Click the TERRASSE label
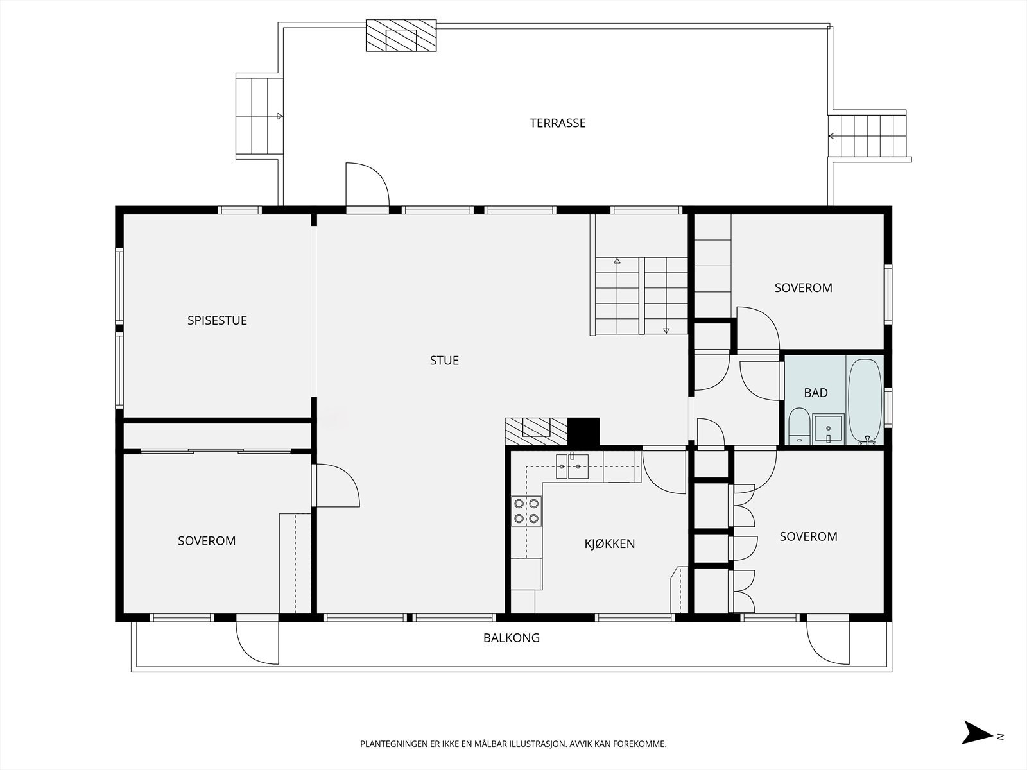(x=557, y=123)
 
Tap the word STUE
(x=444, y=361)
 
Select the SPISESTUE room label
(x=217, y=320)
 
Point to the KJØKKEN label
(x=610, y=543)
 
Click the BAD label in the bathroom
(x=816, y=393)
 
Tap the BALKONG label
(x=512, y=638)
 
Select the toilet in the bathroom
(x=799, y=426)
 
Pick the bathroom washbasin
(x=828, y=429)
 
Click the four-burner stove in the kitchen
(x=526, y=511)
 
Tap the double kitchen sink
(x=572, y=466)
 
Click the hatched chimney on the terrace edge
(x=401, y=35)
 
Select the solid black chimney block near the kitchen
(x=583, y=431)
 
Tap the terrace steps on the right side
(x=867, y=135)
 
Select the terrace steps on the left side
(x=259, y=116)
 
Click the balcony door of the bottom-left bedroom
(x=257, y=642)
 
